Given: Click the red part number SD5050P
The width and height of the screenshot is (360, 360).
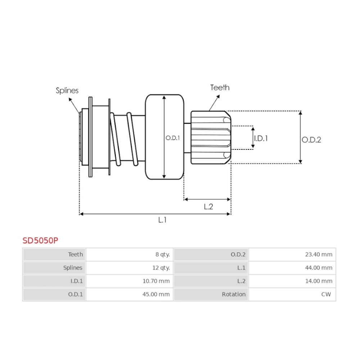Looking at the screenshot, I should [x=40, y=240].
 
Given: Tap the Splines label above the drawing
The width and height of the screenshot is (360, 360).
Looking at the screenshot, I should [x=67, y=91].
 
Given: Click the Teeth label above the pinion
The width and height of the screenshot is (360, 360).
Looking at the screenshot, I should [x=220, y=87].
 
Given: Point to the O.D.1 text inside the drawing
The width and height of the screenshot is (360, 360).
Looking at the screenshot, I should [x=172, y=138].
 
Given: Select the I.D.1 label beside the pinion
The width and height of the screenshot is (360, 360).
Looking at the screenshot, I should [x=261, y=138].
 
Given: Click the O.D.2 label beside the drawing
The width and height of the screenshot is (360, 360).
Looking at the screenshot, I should [x=311, y=140].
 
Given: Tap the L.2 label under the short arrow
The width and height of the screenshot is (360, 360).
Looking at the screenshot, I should [x=208, y=207].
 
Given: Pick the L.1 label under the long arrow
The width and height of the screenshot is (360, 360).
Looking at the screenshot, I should [x=162, y=220].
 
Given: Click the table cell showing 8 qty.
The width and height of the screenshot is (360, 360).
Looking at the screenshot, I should [x=162, y=255].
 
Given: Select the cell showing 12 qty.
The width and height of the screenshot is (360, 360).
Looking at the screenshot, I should [x=161, y=268].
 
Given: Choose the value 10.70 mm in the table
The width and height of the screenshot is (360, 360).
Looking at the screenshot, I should [x=156, y=281].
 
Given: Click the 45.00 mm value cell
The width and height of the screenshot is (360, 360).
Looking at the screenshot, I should [x=156, y=294].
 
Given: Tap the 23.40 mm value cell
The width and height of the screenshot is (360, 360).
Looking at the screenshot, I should [x=319, y=255].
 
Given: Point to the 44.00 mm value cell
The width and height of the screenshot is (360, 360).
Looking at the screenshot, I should [x=319, y=268].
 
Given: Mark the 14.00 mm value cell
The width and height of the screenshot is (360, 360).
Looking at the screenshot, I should [x=319, y=281].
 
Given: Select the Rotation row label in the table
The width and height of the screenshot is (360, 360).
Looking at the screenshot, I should [x=234, y=294].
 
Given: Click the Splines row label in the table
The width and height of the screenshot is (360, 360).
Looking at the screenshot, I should [x=73, y=268].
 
